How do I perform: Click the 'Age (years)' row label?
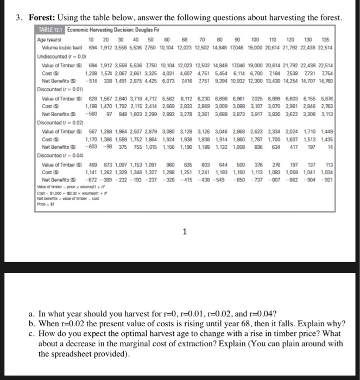(48, 40)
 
